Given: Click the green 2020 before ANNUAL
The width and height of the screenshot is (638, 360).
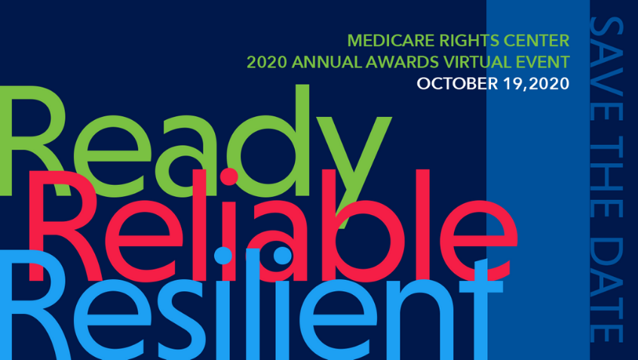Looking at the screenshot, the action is (x=266, y=63).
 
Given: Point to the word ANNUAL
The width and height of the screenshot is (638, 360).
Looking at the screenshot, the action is (x=326, y=63).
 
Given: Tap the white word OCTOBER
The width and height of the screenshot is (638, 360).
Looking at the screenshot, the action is (x=457, y=84).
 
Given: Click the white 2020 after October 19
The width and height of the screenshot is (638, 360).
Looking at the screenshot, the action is (x=549, y=84).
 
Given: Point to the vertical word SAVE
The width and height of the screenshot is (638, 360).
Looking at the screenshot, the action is (x=606, y=56).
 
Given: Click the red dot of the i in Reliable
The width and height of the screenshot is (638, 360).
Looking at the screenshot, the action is (x=229, y=177).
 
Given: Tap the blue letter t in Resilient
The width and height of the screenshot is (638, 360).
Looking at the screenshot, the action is (x=480, y=309).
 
